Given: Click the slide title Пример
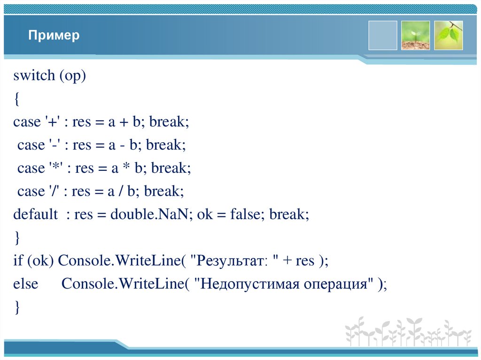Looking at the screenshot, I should pyautogui.click(x=54, y=36).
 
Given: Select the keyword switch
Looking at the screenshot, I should pyautogui.click(x=34, y=76).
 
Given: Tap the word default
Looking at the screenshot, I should pyautogui.click(x=35, y=214).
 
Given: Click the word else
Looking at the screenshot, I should pyautogui.click(x=25, y=284).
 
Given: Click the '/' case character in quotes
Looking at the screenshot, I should pyautogui.click(x=52, y=191).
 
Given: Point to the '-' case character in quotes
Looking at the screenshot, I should pyautogui.click(x=53, y=145).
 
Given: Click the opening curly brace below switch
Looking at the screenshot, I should pyautogui.click(x=16, y=99).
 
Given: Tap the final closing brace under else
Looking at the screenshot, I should pyautogui.click(x=16, y=307).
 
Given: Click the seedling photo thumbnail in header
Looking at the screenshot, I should pyautogui.click(x=415, y=35).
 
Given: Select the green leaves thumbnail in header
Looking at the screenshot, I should pyautogui.click(x=448, y=35).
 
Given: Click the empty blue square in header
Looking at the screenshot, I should pyautogui.click(x=382, y=35).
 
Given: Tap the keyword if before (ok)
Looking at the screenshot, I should pyautogui.click(x=18, y=261).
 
